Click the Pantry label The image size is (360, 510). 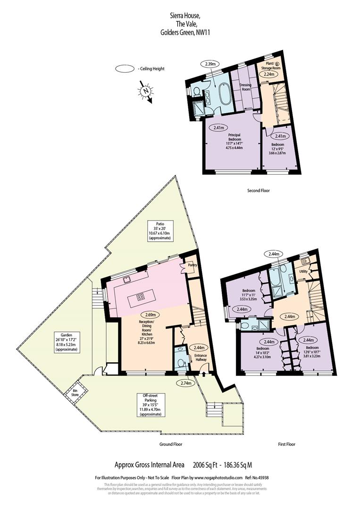tap(192, 265)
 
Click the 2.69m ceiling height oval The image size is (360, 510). tap(152, 315)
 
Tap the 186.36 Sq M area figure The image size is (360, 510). tap(242, 465)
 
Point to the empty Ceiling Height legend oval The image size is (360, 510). tap(125, 69)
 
